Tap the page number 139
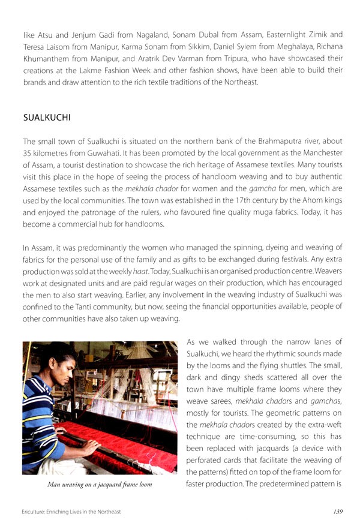[337, 511]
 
